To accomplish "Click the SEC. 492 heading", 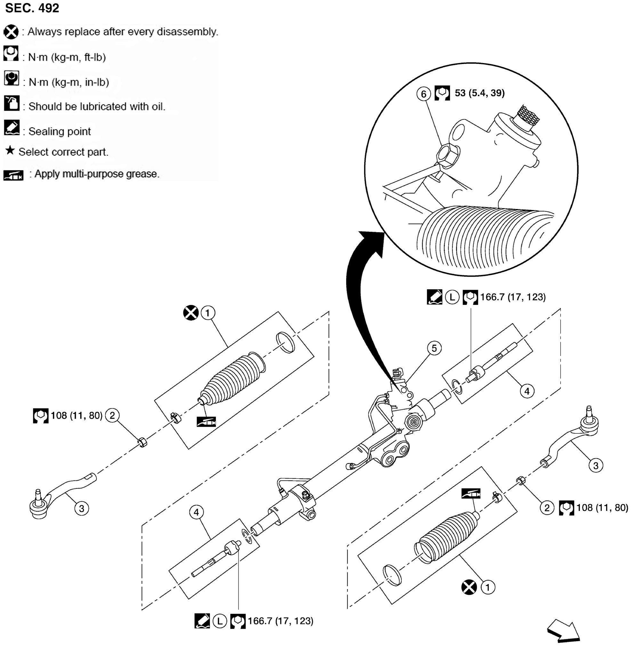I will click(x=32, y=8).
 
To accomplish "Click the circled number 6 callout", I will click(x=423, y=94).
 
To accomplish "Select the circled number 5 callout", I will click(x=434, y=348).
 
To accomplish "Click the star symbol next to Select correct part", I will click(x=10, y=150).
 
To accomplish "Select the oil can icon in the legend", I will click(x=12, y=103).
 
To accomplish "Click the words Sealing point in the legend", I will click(x=59, y=131).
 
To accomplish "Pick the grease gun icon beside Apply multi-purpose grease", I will click(x=13, y=175).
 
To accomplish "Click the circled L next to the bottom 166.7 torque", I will click(x=219, y=621).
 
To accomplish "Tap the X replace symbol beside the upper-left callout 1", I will click(x=190, y=312).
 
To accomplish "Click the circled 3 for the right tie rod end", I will click(x=595, y=465).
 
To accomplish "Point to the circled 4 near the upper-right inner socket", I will click(x=527, y=391).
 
